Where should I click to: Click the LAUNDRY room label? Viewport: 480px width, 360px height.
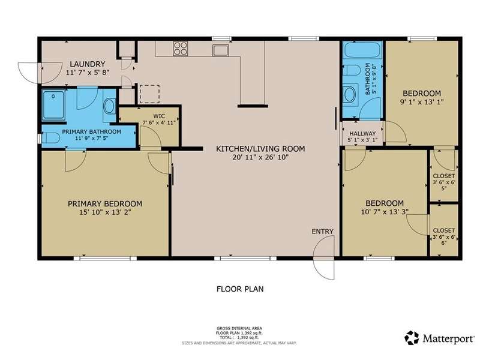point(88,64)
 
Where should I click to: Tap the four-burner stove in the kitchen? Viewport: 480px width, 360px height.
point(181,49)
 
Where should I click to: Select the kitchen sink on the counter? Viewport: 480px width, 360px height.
point(220,50)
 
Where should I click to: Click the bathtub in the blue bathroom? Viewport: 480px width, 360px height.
point(362,50)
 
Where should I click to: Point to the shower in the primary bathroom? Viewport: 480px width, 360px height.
point(53,104)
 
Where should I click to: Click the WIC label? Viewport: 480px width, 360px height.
point(159,116)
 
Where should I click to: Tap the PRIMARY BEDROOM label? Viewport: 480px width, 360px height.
point(105,203)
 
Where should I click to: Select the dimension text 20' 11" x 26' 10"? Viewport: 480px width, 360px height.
point(260,157)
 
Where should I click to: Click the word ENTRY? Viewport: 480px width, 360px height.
point(322,232)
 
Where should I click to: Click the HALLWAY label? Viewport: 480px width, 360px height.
point(362,133)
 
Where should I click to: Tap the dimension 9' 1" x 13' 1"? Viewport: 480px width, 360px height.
point(422,101)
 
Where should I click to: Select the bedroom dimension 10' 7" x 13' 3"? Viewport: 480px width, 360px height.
point(385,212)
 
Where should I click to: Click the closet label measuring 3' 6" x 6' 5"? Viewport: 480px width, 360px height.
point(444,182)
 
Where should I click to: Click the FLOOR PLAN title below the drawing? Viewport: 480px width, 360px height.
point(240,289)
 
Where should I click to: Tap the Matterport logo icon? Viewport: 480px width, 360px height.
point(412,338)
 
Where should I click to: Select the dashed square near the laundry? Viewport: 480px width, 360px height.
point(149,94)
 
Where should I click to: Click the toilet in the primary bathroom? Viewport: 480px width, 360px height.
point(50,138)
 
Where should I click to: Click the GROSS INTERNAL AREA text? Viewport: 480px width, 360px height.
point(239,328)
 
